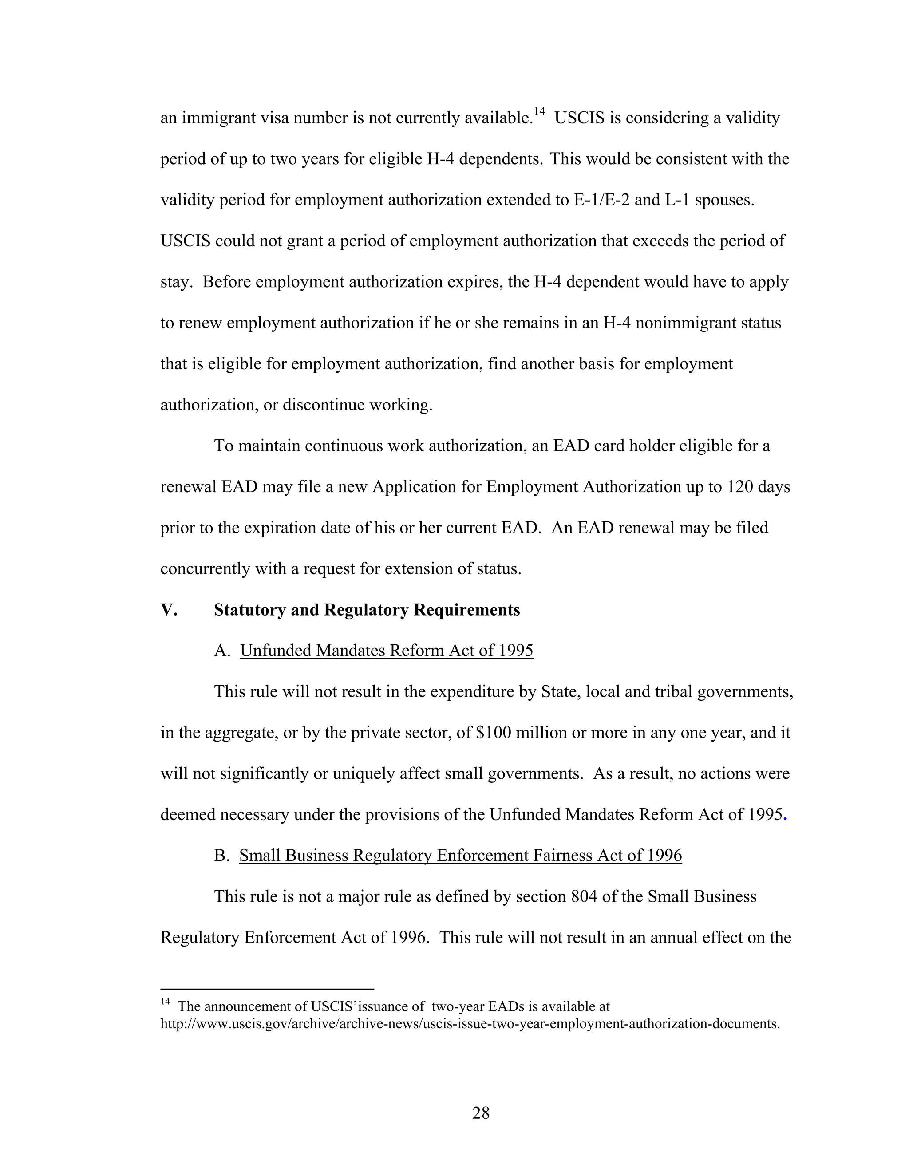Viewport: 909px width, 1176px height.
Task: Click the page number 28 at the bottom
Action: pyautogui.click(x=480, y=1113)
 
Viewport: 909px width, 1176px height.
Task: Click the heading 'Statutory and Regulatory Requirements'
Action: pyautogui.click(x=367, y=610)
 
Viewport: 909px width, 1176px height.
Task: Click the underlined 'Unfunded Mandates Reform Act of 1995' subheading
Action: pyautogui.click(x=387, y=651)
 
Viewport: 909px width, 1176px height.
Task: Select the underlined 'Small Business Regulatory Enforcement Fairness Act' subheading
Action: pyautogui.click(x=460, y=856)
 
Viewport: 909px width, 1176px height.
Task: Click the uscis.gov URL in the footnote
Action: pyautogui.click(x=470, y=1024)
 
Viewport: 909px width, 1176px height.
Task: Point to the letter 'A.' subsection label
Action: pyautogui.click(x=222, y=651)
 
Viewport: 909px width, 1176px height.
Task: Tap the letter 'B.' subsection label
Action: pyautogui.click(x=221, y=856)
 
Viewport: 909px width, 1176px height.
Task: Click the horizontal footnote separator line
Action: pyautogui.click(x=267, y=989)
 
